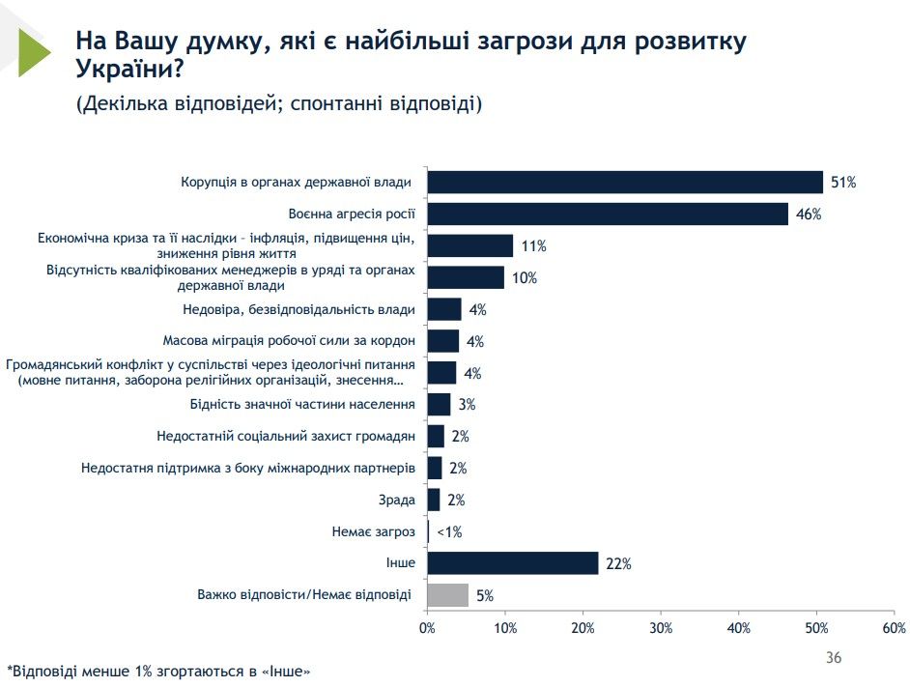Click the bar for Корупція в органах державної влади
625,182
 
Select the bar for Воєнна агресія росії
608,214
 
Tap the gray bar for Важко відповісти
448,595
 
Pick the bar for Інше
513,563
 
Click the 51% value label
843,183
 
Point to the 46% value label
809,215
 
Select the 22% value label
618,564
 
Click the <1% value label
448,532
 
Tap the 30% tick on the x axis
661,628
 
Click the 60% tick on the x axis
895,628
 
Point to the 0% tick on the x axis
427,628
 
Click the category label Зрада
397,500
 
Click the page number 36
833,658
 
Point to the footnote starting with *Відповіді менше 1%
159,670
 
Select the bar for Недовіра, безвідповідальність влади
444,309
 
